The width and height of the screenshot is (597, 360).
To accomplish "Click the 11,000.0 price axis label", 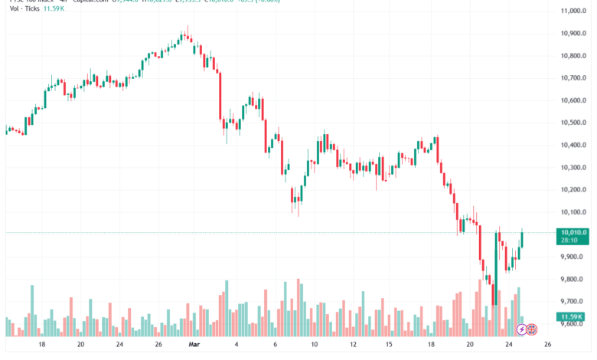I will (x=573, y=11).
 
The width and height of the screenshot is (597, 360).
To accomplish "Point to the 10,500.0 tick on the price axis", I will (x=573, y=123).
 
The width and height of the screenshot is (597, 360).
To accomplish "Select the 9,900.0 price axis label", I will (x=573, y=257).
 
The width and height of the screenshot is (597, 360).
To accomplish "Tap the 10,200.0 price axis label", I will (x=573, y=189).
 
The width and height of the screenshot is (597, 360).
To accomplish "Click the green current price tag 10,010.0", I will (x=573, y=232).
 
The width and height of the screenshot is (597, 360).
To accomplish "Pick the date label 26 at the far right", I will (x=547, y=345).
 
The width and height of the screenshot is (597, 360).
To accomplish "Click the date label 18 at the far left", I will (x=41, y=345).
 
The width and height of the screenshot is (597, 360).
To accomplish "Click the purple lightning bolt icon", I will (x=522, y=329).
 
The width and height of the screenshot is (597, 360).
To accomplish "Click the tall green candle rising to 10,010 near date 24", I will (x=496, y=264).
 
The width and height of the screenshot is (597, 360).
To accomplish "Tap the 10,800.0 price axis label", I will (x=573, y=56).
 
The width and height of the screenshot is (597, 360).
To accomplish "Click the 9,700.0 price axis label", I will (x=573, y=301).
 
